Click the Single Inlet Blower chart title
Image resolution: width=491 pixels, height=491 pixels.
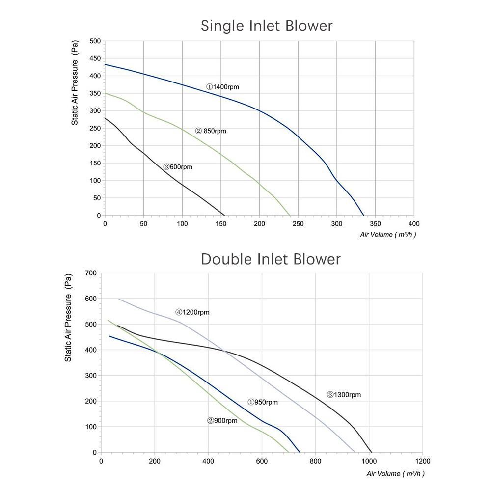point(267,26)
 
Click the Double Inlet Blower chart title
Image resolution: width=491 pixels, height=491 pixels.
point(271,259)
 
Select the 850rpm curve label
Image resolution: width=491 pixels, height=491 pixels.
point(211,131)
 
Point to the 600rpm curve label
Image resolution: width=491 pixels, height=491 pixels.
point(178,167)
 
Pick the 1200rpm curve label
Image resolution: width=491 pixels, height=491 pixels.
point(192,312)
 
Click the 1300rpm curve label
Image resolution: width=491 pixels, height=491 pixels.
point(344,395)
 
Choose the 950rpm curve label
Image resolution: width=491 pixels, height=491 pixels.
point(263,402)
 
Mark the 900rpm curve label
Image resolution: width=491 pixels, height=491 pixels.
point(222,421)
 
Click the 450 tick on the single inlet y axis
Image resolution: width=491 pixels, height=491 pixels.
point(95,58)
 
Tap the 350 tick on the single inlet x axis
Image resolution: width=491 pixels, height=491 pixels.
point(375,224)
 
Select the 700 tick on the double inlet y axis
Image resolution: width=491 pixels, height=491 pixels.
point(91,273)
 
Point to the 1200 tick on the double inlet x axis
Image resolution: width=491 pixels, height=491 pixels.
point(422,462)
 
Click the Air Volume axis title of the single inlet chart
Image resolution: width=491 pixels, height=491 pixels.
point(388,235)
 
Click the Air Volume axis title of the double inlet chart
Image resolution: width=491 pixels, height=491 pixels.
point(396,474)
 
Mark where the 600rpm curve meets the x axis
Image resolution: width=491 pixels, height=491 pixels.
point(224,215)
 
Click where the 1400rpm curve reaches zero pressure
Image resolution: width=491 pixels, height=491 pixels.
point(364,215)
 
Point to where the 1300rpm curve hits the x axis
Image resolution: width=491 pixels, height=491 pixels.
point(372,452)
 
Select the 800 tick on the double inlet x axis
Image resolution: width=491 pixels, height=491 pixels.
point(315,462)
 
